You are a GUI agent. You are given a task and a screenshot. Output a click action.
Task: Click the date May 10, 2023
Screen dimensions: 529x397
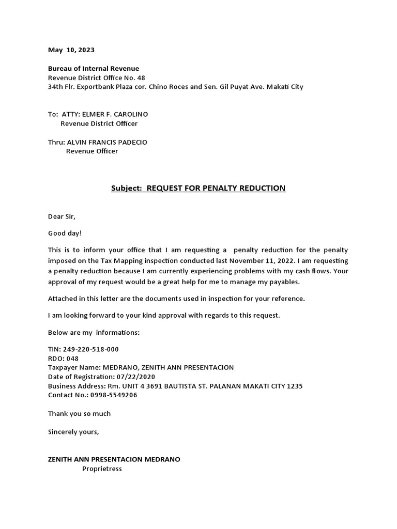[x=71, y=50]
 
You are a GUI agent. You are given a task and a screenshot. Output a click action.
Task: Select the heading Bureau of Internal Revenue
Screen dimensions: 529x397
[x=94, y=68]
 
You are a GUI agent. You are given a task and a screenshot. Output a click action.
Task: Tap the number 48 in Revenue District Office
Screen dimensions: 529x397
[x=141, y=77]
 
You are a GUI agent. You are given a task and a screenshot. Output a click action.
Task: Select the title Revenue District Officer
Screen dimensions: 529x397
[x=99, y=123]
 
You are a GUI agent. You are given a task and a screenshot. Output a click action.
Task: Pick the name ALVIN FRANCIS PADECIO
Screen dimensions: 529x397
[x=107, y=142]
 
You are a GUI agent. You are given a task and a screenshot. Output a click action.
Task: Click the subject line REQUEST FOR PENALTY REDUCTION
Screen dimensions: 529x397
[x=216, y=188]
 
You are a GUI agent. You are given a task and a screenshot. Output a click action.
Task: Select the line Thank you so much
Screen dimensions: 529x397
[x=79, y=413]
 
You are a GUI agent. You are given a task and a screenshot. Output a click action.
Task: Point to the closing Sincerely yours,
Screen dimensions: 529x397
[x=73, y=431]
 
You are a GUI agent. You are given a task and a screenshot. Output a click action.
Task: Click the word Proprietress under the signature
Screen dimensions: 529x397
[x=102, y=469]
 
